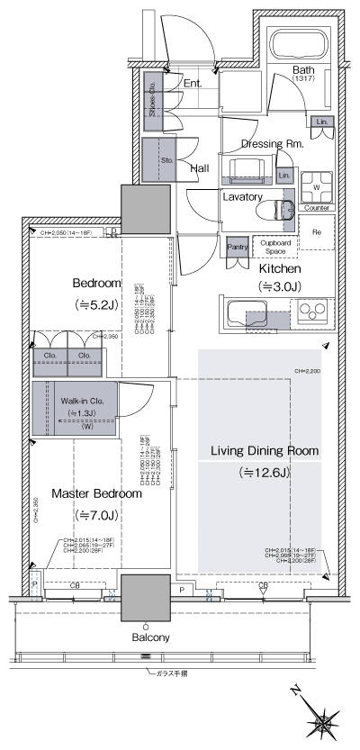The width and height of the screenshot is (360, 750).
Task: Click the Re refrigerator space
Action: (317, 231)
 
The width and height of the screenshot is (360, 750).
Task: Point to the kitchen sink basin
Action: (247, 314)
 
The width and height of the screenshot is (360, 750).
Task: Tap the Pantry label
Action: (238, 246)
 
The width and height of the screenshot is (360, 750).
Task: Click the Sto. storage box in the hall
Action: (166, 161)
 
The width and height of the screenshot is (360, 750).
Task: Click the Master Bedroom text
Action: (96, 494)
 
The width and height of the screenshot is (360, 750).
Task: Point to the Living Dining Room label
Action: (265, 450)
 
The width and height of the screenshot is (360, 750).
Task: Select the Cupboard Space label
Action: (276, 246)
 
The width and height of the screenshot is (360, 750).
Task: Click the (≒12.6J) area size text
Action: (265, 473)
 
